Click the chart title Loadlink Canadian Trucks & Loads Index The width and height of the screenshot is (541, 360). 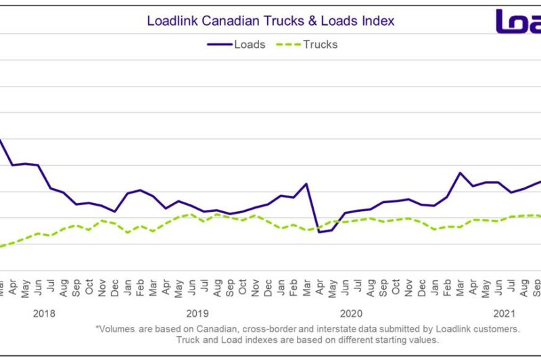(x=270, y=21)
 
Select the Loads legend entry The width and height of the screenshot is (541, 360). (x=236, y=45)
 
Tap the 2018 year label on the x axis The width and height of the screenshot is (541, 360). (x=44, y=313)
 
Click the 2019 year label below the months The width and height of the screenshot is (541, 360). (x=197, y=313)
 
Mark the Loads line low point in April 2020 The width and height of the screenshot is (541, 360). (x=319, y=232)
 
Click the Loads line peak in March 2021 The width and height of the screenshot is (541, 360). (x=461, y=173)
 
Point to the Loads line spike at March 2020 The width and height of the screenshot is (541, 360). (x=306, y=183)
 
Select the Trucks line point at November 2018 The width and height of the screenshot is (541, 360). (x=101, y=220)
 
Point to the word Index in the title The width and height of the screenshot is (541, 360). (x=379, y=21)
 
